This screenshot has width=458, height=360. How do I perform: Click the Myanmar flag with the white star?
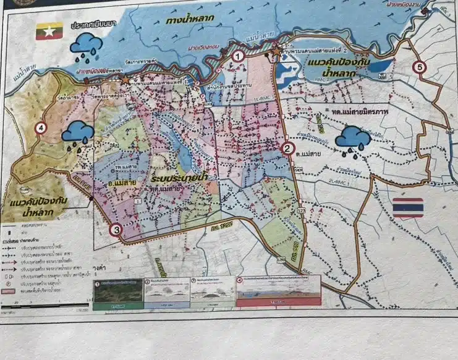49,32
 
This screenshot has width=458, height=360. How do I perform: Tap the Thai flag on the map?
408,207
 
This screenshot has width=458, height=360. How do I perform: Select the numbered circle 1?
237,56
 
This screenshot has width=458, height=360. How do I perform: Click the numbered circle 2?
287,148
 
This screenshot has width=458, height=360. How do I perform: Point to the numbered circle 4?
41,128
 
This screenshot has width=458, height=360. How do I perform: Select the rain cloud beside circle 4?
78,133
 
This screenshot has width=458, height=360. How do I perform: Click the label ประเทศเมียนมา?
94,26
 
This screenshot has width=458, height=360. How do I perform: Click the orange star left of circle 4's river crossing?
126,80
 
